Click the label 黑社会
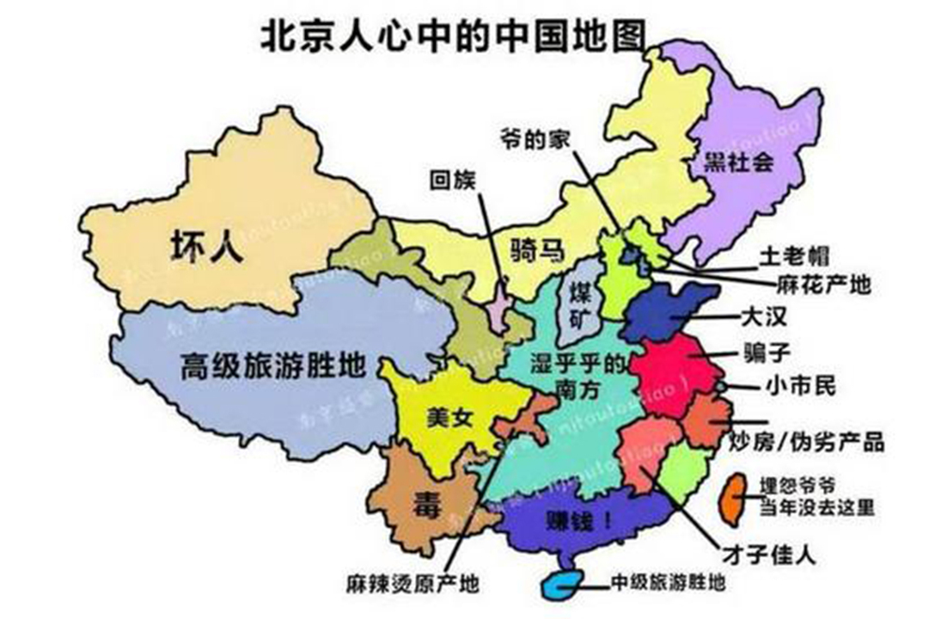tap(738, 162)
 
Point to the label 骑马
tap(536, 251)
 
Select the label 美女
tap(449, 419)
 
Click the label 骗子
tap(762, 352)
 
